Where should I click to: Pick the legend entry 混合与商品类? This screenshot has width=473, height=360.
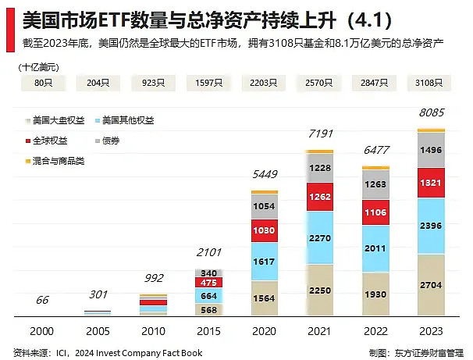(x=58, y=161)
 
